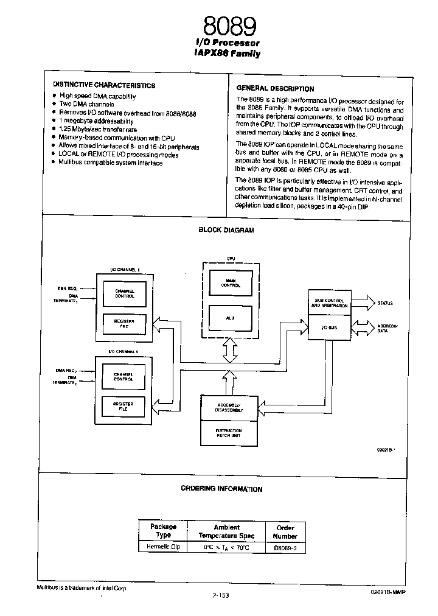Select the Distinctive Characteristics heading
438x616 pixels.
click(x=103, y=86)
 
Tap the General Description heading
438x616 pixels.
click(x=274, y=88)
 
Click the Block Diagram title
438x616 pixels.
click(x=226, y=230)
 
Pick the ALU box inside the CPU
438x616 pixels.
click(x=230, y=318)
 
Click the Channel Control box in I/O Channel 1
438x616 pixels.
click(x=124, y=293)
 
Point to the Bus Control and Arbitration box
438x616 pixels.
click(x=330, y=303)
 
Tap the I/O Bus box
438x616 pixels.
click(x=330, y=327)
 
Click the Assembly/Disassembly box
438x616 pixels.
click(x=229, y=408)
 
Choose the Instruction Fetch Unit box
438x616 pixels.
click(x=229, y=432)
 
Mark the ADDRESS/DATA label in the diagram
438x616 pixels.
click(x=388, y=329)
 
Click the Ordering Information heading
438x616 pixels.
click(x=221, y=489)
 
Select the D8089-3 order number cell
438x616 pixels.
click(x=285, y=548)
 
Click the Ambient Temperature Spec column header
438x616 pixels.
click(x=226, y=531)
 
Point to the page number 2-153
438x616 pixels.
click(x=220, y=596)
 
